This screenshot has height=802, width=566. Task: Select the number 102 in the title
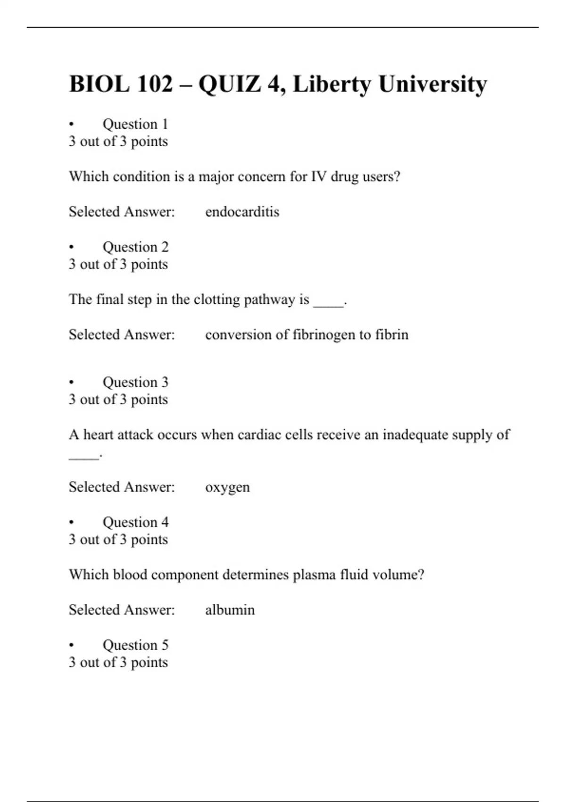pyautogui.click(x=155, y=84)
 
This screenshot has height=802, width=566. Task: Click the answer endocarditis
pyautogui.click(x=242, y=212)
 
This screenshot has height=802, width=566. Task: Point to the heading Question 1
pyautogui.click(x=135, y=124)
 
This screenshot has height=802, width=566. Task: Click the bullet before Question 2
pyautogui.click(x=72, y=247)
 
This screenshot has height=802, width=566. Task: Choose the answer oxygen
pyautogui.click(x=227, y=487)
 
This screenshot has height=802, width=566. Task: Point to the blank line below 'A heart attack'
pyautogui.click(x=84, y=457)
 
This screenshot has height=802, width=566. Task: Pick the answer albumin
pyautogui.click(x=230, y=610)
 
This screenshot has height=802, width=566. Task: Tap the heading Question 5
pyautogui.click(x=135, y=645)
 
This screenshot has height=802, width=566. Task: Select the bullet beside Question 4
pyautogui.click(x=72, y=522)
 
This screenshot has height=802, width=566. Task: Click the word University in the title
pyautogui.click(x=433, y=84)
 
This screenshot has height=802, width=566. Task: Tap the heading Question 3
pyautogui.click(x=135, y=382)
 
